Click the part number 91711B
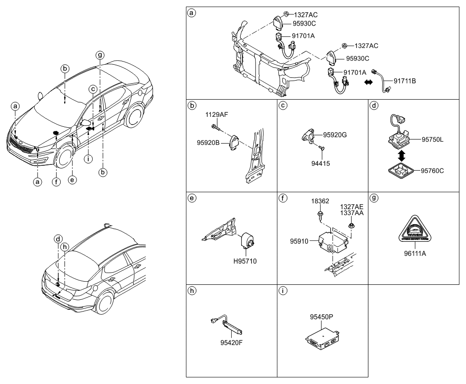point(404,81)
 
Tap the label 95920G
point(335,134)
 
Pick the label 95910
point(299,241)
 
